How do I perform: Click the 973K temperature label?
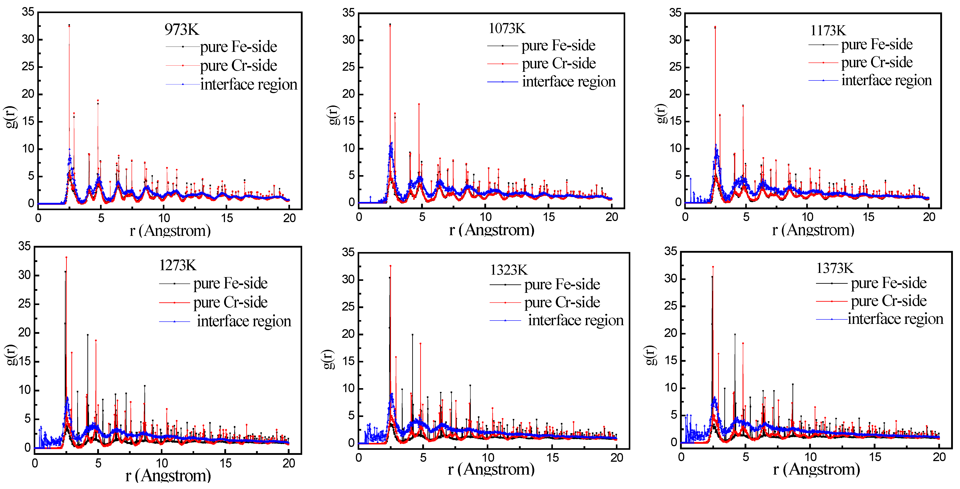point(182,29)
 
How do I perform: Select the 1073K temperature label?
point(507,28)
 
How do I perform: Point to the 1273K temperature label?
point(177,265)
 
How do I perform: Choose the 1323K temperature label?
point(509,270)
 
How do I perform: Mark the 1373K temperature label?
point(835,268)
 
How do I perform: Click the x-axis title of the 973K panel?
point(170,231)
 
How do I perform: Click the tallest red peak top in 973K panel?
point(69,25)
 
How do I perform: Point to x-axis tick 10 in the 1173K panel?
point(807,217)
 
